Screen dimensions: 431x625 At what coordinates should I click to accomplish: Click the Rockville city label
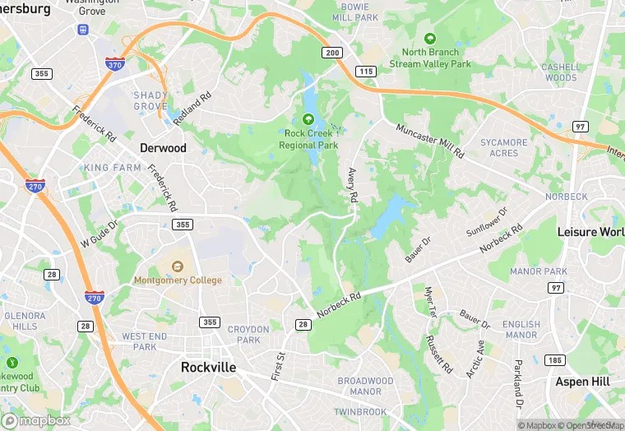pyautogui.click(x=208, y=368)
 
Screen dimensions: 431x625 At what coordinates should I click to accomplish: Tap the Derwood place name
pyautogui.click(x=163, y=148)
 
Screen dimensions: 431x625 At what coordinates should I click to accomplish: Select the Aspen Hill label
pyautogui.click(x=583, y=382)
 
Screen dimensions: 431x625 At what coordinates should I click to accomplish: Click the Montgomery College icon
pyautogui.click(x=178, y=266)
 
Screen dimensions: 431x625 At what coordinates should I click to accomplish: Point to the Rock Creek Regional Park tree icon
pyautogui.click(x=308, y=119)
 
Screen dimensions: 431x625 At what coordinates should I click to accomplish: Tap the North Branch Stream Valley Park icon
pyautogui.click(x=429, y=38)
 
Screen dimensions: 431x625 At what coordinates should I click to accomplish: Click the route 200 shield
pyautogui.click(x=331, y=53)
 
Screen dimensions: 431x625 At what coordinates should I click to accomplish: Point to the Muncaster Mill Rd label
pyautogui.click(x=430, y=141)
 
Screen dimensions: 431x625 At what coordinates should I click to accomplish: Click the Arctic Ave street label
pyautogui.click(x=475, y=359)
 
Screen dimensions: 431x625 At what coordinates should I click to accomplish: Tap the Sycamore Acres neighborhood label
pyautogui.click(x=503, y=148)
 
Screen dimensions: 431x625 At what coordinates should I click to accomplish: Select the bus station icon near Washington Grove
pyautogui.click(x=83, y=30)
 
